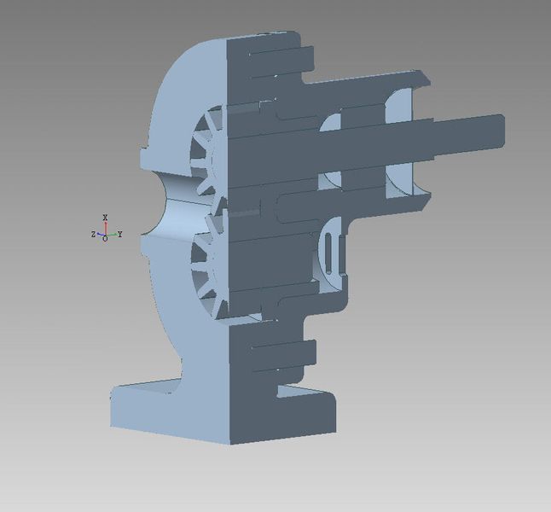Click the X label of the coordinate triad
105,217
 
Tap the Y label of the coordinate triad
119,234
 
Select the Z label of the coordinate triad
93,234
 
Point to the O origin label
105,239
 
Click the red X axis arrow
106,228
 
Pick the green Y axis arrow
112,234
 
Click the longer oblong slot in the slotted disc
328,253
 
